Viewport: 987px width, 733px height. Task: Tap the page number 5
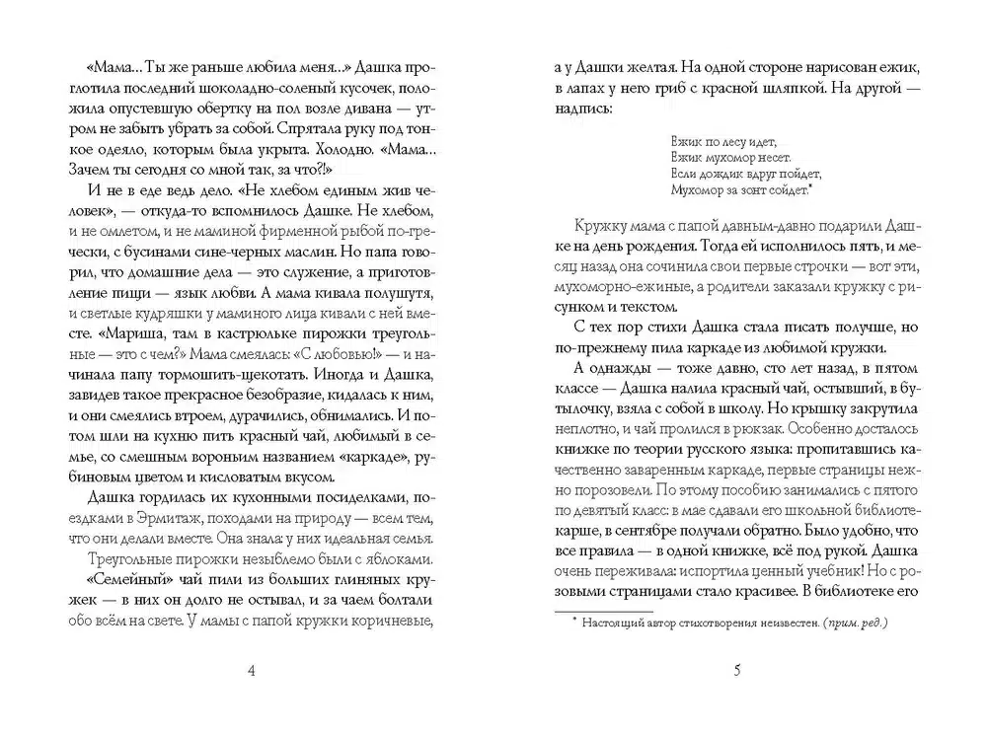coord(737,673)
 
